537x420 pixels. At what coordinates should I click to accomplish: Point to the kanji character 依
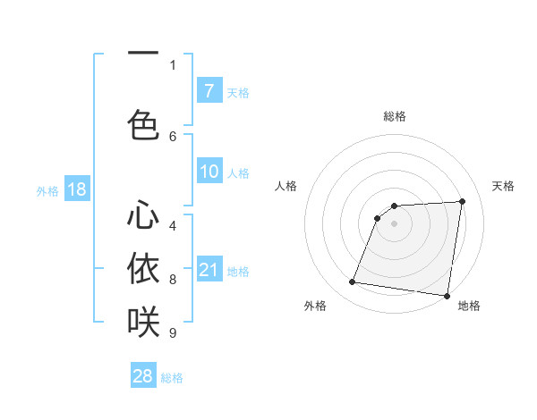point(143,268)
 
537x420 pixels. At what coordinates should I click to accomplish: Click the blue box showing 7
point(209,91)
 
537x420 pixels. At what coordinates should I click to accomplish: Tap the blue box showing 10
point(209,172)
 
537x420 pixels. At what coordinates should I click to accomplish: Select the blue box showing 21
point(209,271)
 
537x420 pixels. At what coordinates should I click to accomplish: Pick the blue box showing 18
point(76,190)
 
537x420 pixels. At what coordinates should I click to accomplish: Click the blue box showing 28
point(143,376)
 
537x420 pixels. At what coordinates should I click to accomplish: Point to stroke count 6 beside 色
point(173,136)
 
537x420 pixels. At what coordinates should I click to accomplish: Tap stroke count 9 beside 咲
point(173,333)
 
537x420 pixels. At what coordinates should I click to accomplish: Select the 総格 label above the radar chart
point(394,116)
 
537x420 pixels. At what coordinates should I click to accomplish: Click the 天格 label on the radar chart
point(503,186)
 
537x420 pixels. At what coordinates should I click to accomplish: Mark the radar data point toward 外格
point(352,283)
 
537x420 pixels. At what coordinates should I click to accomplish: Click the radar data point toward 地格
point(446,296)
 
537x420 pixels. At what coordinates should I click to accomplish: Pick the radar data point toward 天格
point(462,201)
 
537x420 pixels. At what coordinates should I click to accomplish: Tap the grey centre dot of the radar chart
point(394,223)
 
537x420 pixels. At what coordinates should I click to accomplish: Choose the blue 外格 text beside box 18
point(47,190)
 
